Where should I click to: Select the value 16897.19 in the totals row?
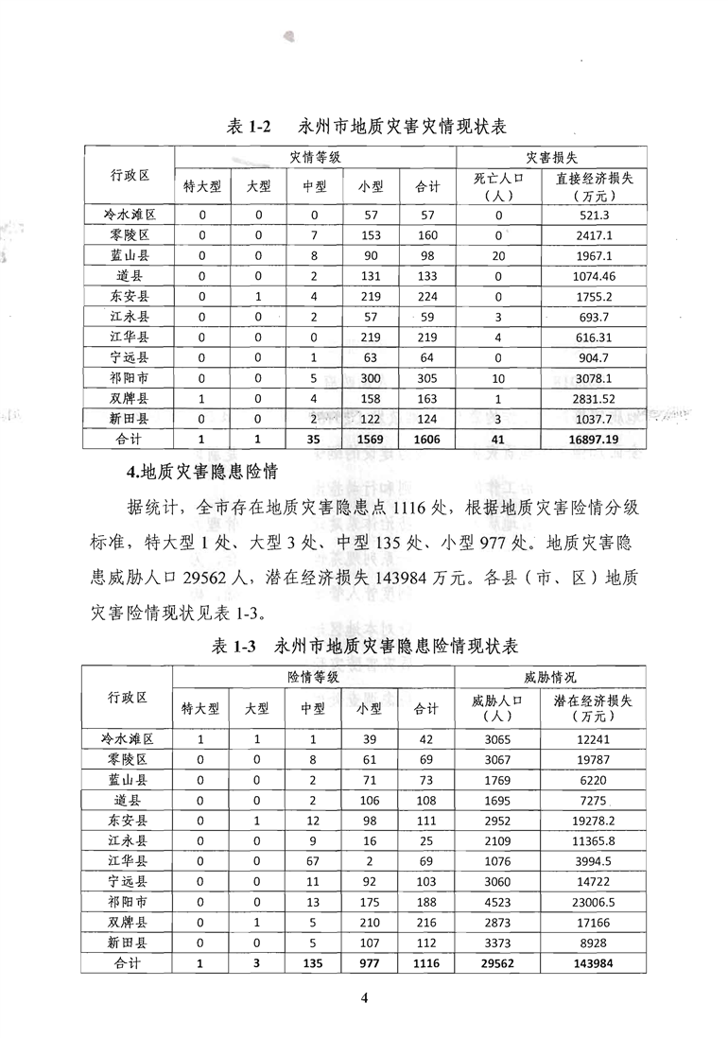pyautogui.click(x=594, y=440)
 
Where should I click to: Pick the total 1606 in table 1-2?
pyautogui.click(x=426, y=440)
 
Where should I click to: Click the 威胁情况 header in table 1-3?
pyautogui.click(x=551, y=678)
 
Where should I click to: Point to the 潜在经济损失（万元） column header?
pyautogui.click(x=594, y=708)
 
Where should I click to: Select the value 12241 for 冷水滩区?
pyautogui.click(x=594, y=738)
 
